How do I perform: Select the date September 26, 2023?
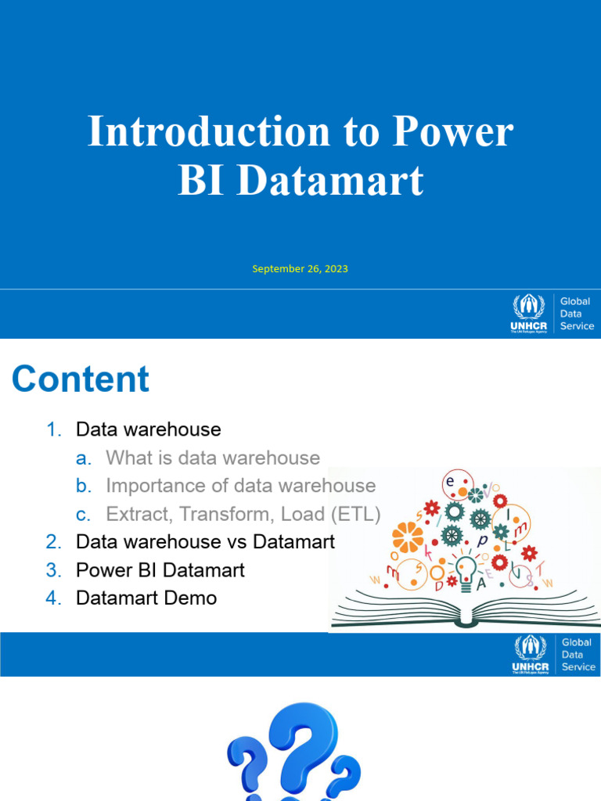point(300,268)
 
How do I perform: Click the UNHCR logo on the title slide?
point(530,314)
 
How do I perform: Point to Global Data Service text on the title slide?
point(577,314)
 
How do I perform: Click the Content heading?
point(81,379)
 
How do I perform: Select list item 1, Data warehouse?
point(148,429)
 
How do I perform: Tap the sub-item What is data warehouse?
point(213,458)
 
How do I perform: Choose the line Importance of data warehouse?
point(240,486)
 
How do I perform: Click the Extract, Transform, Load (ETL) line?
point(243,514)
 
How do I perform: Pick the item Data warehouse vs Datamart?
point(205,542)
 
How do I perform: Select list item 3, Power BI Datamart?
point(160,570)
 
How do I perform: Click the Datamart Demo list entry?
point(146,598)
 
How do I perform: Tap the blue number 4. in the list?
point(53,598)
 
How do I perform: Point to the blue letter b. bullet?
point(84,486)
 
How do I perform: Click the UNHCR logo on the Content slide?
point(530,655)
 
